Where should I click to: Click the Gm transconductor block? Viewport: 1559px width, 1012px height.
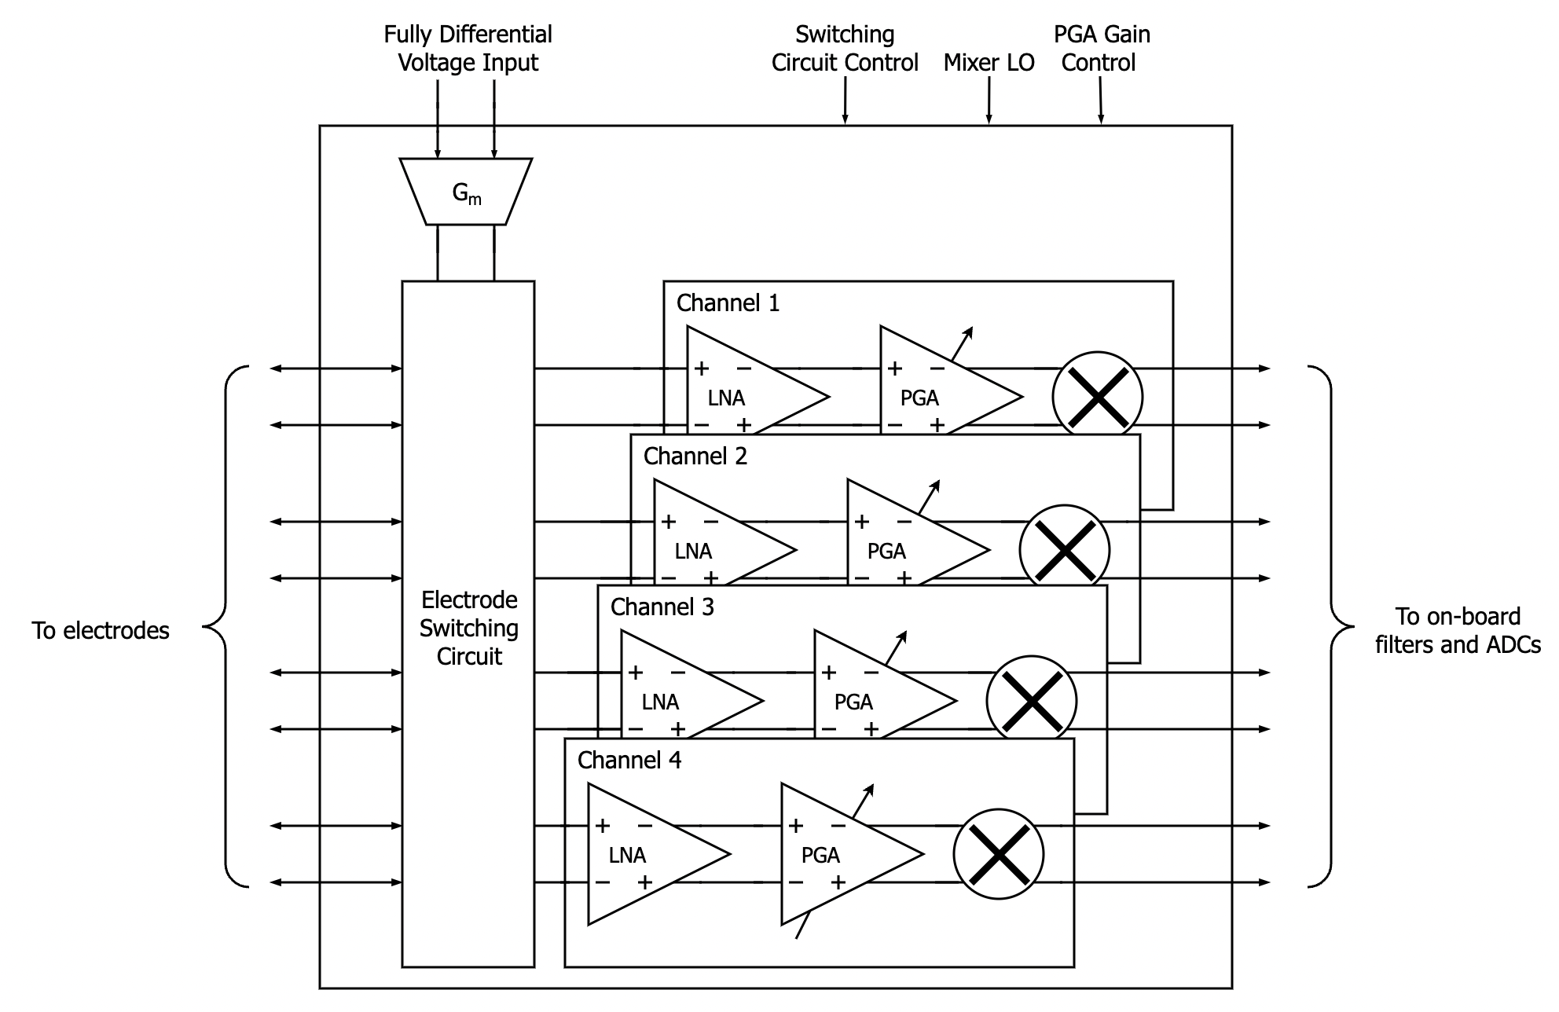click(x=466, y=192)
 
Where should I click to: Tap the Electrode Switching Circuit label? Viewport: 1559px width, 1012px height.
click(x=468, y=628)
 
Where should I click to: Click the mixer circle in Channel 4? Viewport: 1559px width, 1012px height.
click(x=998, y=854)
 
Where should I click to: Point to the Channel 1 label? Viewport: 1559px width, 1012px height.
click(x=728, y=303)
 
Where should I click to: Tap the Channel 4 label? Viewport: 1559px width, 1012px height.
click(x=629, y=761)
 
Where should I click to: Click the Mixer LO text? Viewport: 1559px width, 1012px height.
click(x=989, y=63)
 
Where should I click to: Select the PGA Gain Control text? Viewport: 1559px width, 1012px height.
click(x=1100, y=49)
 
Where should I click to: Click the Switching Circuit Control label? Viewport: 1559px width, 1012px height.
click(x=845, y=49)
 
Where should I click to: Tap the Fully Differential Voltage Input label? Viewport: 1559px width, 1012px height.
click(x=468, y=49)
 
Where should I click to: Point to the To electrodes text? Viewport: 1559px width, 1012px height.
click(x=101, y=631)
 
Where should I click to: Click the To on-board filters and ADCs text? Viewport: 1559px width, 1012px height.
click(x=1457, y=631)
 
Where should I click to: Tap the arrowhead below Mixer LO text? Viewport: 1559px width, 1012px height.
click(x=989, y=119)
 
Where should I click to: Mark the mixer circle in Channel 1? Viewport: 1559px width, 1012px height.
click(x=1097, y=395)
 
